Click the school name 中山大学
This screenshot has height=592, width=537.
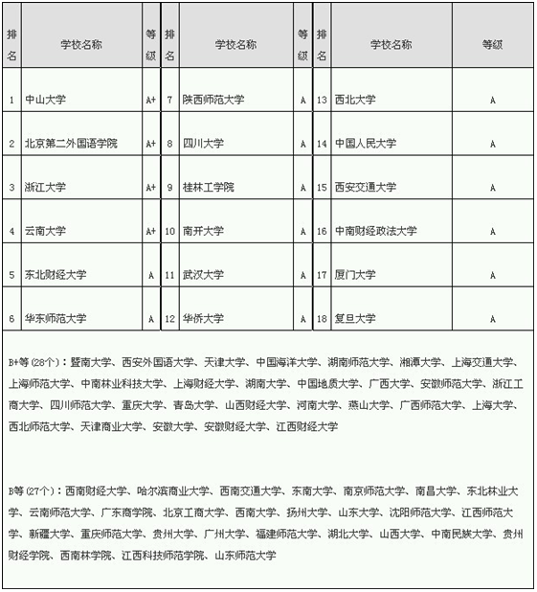click(x=45, y=100)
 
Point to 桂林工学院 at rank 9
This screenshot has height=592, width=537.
click(x=209, y=188)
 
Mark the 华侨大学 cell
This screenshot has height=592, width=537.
click(x=203, y=318)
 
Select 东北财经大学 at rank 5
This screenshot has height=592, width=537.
click(x=56, y=275)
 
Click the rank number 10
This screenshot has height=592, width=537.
click(x=169, y=231)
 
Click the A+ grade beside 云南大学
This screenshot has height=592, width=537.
click(x=150, y=231)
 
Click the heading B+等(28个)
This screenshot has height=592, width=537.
click(x=35, y=363)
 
